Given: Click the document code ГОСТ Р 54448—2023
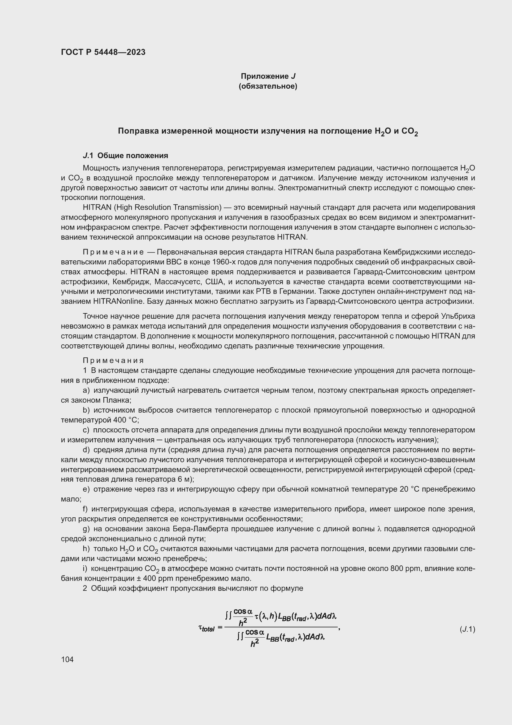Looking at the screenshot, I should (103, 52).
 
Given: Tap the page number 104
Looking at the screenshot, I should (67, 659).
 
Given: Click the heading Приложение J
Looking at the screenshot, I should (268, 76).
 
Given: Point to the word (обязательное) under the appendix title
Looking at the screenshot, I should (268, 86).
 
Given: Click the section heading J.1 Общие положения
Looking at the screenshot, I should (125, 155).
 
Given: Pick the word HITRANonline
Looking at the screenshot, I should (118, 301).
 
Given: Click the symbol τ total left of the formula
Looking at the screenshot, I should (206, 628).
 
